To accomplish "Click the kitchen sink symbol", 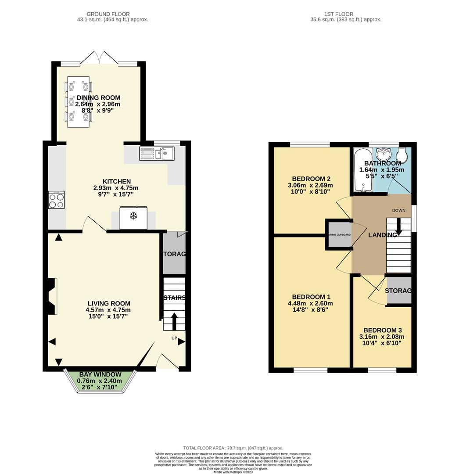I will [x=157, y=154].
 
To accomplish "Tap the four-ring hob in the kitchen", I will [x=57, y=201].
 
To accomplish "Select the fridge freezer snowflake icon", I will [x=133, y=216].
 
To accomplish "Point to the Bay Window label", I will [x=100, y=374].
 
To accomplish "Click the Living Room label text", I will [x=108, y=303].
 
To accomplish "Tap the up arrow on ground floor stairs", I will [x=174, y=321].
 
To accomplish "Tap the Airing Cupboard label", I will [x=339, y=235].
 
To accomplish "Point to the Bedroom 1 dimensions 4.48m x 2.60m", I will [x=310, y=303].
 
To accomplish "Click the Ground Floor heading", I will [x=108, y=14].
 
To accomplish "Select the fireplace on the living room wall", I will [x=52, y=296].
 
